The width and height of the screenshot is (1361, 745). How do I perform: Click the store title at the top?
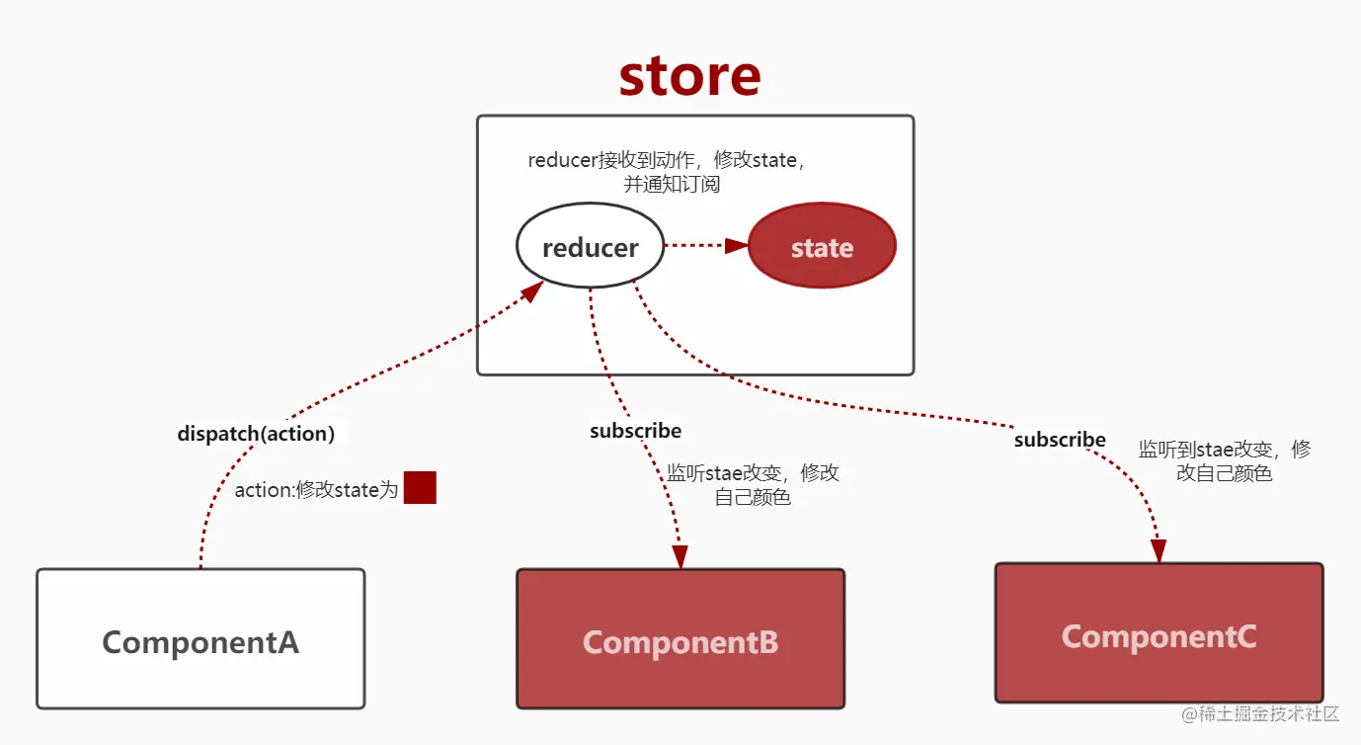click(689, 76)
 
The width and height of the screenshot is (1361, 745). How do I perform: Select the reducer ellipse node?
click(590, 247)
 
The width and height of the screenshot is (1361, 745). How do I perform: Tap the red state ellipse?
click(822, 247)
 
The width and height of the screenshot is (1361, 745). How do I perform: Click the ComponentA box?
click(200, 640)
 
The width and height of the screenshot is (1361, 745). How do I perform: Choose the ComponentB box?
click(680, 640)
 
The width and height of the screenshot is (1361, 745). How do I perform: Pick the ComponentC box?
click(1159, 633)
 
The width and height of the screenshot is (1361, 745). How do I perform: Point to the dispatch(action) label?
click(256, 433)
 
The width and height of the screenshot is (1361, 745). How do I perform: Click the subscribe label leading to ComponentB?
click(635, 431)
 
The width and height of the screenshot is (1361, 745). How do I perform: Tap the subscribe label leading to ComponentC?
click(1060, 440)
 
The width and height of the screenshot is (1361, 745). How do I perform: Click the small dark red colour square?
click(420, 488)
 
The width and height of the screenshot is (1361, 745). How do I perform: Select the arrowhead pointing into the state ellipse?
click(736, 246)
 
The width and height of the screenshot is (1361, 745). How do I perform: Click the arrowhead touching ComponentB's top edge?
click(680, 557)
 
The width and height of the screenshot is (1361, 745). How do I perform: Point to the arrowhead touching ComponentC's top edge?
click(1159, 551)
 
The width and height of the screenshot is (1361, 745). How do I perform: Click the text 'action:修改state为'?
click(316, 490)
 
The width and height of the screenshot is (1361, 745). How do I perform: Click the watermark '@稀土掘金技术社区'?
click(1260, 713)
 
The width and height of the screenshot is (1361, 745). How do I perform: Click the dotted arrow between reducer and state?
click(696, 246)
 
